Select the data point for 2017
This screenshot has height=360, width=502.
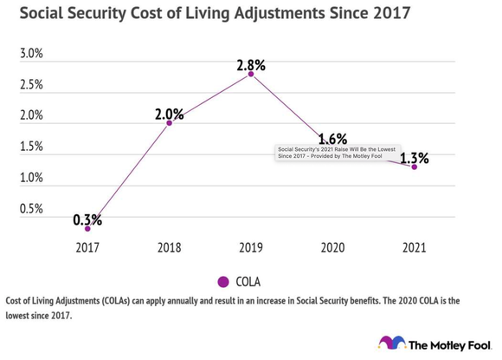point(87,228)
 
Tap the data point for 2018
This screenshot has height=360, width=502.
point(169,122)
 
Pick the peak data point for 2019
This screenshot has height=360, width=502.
point(251,74)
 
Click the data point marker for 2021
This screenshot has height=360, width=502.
point(414,167)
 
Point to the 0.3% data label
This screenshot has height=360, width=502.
point(87,219)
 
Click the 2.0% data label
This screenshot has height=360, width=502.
point(169,113)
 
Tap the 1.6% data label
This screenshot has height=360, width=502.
point(332,138)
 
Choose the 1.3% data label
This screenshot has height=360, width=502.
point(414,158)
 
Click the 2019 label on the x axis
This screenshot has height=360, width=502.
point(251,247)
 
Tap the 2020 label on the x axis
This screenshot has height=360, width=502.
point(332,247)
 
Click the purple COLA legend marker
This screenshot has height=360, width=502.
point(222,281)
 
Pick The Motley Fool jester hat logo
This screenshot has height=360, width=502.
point(391,343)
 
